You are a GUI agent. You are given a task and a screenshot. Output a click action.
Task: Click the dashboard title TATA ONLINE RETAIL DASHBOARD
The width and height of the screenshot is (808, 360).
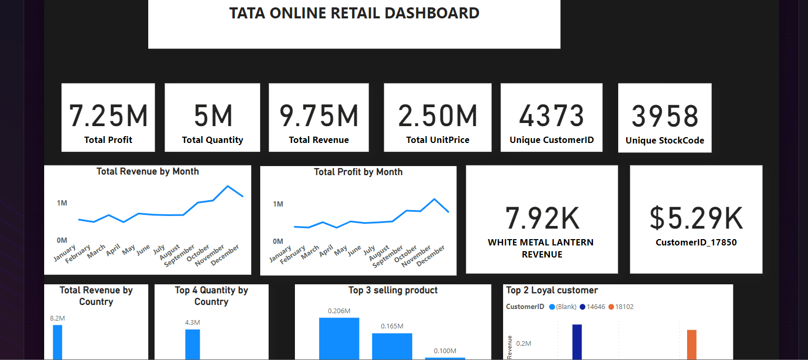click(354, 13)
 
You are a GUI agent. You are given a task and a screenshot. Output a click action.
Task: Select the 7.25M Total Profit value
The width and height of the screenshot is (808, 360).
click(108, 116)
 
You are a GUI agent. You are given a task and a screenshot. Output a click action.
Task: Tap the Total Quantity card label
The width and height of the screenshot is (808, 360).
click(212, 140)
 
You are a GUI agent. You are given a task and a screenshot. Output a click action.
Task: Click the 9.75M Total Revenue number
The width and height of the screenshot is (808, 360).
click(319, 116)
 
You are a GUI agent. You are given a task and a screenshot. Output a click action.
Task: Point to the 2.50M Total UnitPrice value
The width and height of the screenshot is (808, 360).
click(437, 116)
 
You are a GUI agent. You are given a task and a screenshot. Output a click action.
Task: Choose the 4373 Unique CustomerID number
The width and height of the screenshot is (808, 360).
click(551, 116)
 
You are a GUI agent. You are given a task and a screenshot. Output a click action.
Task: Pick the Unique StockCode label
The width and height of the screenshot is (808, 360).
click(665, 140)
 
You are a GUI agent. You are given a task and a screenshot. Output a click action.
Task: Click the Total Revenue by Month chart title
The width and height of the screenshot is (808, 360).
click(148, 171)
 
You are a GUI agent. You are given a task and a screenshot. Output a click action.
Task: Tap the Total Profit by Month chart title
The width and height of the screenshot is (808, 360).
click(358, 172)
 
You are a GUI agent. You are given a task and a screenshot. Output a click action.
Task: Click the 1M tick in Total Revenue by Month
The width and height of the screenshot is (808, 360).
click(62, 203)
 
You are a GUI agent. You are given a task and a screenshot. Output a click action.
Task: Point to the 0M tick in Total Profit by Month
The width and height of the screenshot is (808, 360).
click(278, 241)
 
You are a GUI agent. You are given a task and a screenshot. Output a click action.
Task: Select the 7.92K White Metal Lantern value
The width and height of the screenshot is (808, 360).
click(542, 218)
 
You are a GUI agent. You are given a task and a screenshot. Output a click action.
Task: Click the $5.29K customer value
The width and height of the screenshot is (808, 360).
click(696, 218)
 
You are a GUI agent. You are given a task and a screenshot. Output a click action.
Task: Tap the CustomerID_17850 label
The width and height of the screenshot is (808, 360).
click(696, 242)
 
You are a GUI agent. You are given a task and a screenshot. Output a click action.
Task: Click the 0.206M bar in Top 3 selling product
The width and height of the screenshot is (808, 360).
click(339, 338)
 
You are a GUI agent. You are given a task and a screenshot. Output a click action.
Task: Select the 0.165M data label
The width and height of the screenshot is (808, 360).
click(392, 326)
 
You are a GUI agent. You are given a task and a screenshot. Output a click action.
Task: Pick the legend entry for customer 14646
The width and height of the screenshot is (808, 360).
click(592, 306)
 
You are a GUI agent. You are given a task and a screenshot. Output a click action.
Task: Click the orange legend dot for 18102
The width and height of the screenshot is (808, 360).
click(611, 306)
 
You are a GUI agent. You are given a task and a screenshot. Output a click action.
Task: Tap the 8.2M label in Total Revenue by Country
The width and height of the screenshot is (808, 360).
click(57, 318)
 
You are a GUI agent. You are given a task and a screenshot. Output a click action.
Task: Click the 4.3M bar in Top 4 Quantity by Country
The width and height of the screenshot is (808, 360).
click(192, 344)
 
